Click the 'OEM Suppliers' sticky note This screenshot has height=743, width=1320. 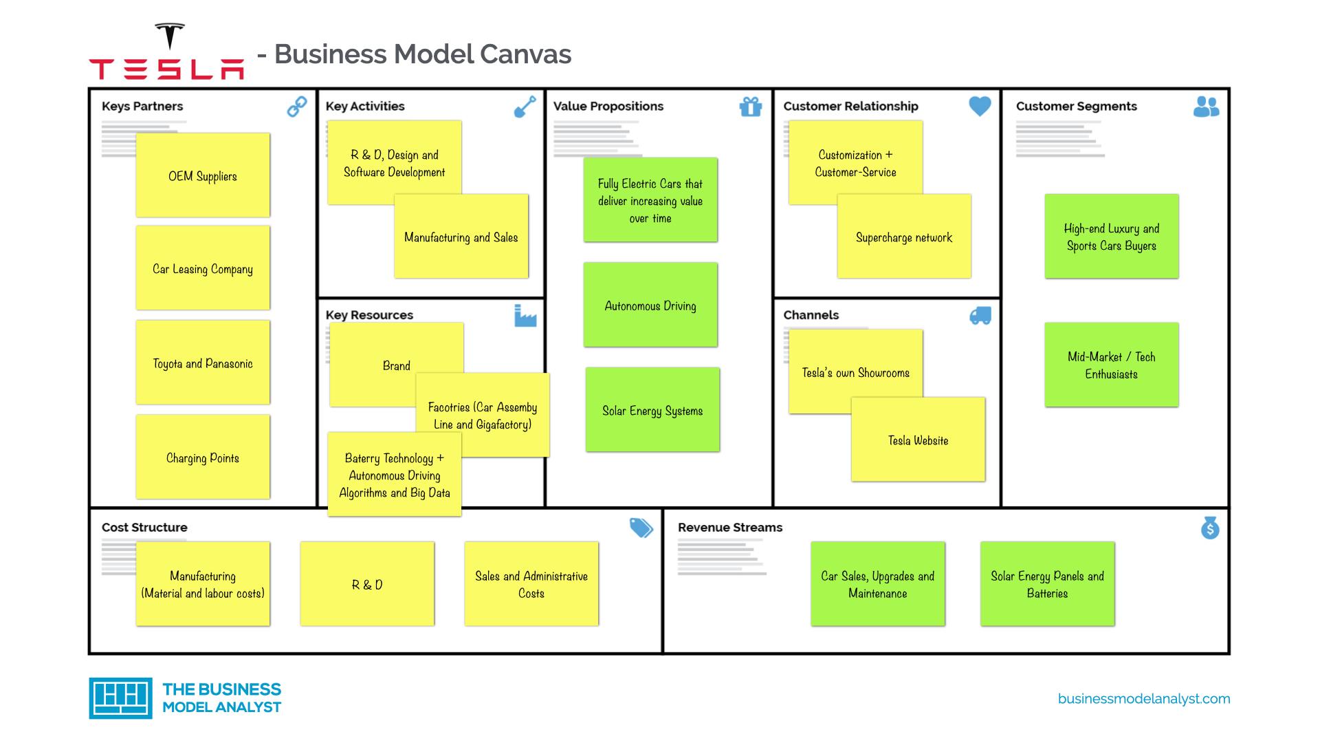click(x=203, y=176)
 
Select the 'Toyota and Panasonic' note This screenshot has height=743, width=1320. click(x=203, y=363)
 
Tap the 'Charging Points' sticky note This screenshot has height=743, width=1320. click(x=203, y=457)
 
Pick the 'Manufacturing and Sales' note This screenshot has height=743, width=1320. click(x=461, y=237)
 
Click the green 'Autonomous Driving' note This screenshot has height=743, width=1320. click(x=650, y=305)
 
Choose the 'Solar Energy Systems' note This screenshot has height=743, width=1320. click(x=652, y=411)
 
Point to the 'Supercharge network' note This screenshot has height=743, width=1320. click(x=904, y=237)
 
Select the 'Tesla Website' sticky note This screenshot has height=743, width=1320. click(x=918, y=440)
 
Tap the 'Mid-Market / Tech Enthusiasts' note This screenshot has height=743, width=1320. click(x=1111, y=365)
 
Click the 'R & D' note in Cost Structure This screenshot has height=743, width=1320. click(x=367, y=585)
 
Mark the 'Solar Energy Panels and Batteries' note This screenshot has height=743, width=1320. click(x=1047, y=585)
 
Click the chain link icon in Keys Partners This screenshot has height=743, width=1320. click(x=297, y=107)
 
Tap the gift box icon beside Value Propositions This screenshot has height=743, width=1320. click(x=750, y=107)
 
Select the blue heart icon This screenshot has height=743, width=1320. click(x=980, y=106)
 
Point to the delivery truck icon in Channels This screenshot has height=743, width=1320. click(x=980, y=316)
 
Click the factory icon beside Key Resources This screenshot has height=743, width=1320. click(x=525, y=316)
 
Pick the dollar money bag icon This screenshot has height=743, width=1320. click(x=1210, y=528)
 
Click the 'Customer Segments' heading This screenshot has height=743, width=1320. click(x=1076, y=107)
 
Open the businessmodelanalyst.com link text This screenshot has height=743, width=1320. click(x=1144, y=699)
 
